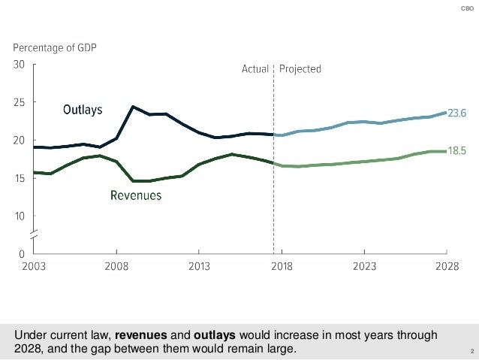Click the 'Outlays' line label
pyautogui.click(x=84, y=110)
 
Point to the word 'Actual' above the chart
pyautogui.click(x=255, y=69)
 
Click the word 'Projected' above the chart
pyautogui.click(x=300, y=69)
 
